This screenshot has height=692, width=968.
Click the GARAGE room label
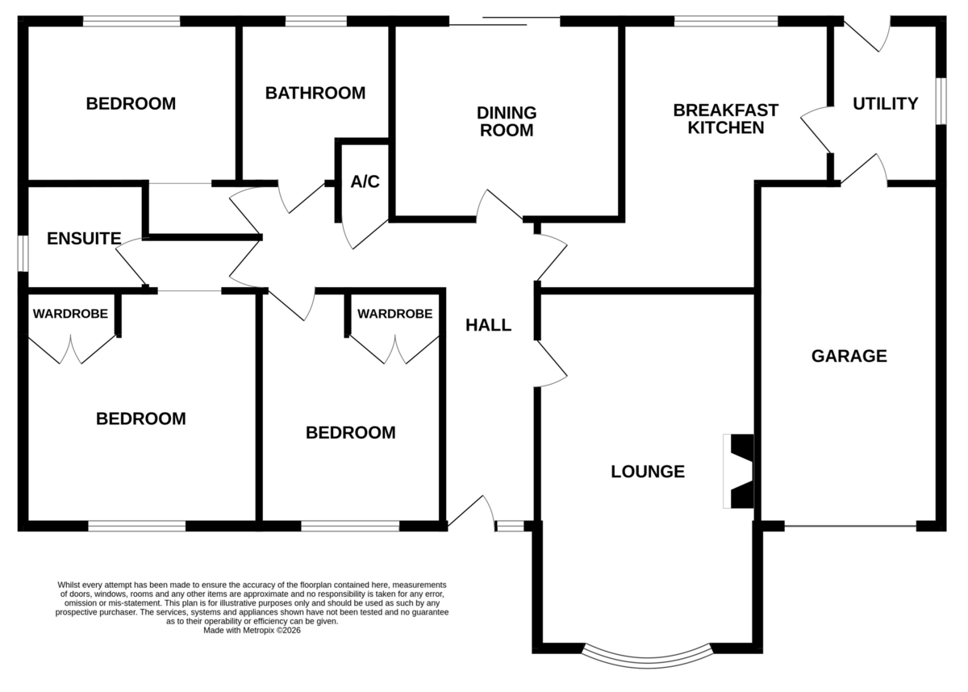click(x=849, y=356)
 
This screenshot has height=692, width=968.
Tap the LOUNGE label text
click(x=648, y=471)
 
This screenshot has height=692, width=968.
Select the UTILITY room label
click(x=886, y=104)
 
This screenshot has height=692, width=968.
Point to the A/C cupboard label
click(x=365, y=181)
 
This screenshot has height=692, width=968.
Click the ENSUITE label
click(x=84, y=239)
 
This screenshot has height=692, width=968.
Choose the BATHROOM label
click(x=315, y=93)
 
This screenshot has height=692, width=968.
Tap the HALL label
click(x=488, y=325)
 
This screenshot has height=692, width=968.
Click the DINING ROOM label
click(x=507, y=121)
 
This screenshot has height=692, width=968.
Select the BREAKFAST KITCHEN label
click(x=725, y=119)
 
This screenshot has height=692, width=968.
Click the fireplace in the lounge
click(x=739, y=471)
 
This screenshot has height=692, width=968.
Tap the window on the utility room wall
click(x=941, y=101)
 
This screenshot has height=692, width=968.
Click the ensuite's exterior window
click(x=23, y=253)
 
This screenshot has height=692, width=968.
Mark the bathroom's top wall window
click(x=316, y=21)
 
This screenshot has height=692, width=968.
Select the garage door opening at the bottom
click(x=850, y=526)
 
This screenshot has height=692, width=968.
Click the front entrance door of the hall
click(x=471, y=513)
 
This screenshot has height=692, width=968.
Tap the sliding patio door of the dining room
click(x=505, y=21)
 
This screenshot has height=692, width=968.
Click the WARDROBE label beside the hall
click(x=394, y=314)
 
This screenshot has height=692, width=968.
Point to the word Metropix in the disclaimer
click(x=258, y=630)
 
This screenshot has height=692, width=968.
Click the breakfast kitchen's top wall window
click(x=726, y=21)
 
